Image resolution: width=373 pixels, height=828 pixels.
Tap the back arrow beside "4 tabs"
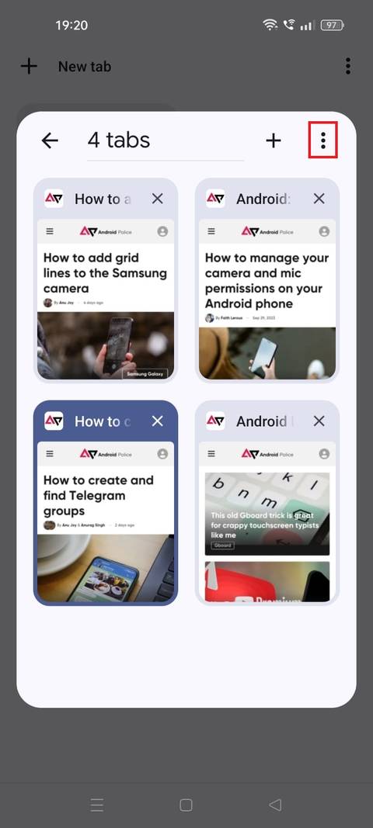pyautogui.click(x=50, y=140)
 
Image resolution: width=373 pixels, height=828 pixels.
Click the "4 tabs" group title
pyautogui.click(x=119, y=140)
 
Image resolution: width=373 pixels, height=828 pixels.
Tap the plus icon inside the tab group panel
pyautogui.click(x=274, y=140)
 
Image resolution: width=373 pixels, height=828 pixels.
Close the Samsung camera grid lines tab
pyautogui.click(x=158, y=199)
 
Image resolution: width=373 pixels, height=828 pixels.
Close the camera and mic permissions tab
pyautogui.click(x=319, y=199)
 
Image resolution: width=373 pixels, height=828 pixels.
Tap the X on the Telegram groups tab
pyautogui.click(x=158, y=421)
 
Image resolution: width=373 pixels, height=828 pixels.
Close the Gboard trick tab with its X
pyautogui.click(x=319, y=421)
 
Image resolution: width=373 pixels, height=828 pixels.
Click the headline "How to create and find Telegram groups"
pyautogui.click(x=99, y=495)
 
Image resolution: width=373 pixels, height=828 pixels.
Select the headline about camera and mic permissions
pyautogui.click(x=267, y=280)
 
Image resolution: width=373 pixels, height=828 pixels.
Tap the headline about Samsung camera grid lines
pyautogui.click(x=105, y=272)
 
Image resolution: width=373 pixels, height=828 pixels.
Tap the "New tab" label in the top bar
pyautogui.click(x=85, y=67)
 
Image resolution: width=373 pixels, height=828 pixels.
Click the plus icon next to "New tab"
pyautogui.click(x=29, y=67)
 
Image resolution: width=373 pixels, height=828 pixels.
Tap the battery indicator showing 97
pyautogui.click(x=332, y=26)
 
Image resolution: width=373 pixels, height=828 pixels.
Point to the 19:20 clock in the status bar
pyautogui.click(x=71, y=26)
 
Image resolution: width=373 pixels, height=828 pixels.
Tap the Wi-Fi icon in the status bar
pyautogui.click(x=270, y=26)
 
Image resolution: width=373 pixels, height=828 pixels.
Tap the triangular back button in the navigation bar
pyautogui.click(x=274, y=805)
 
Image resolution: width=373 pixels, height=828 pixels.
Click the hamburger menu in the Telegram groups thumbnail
pyautogui.click(x=50, y=454)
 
